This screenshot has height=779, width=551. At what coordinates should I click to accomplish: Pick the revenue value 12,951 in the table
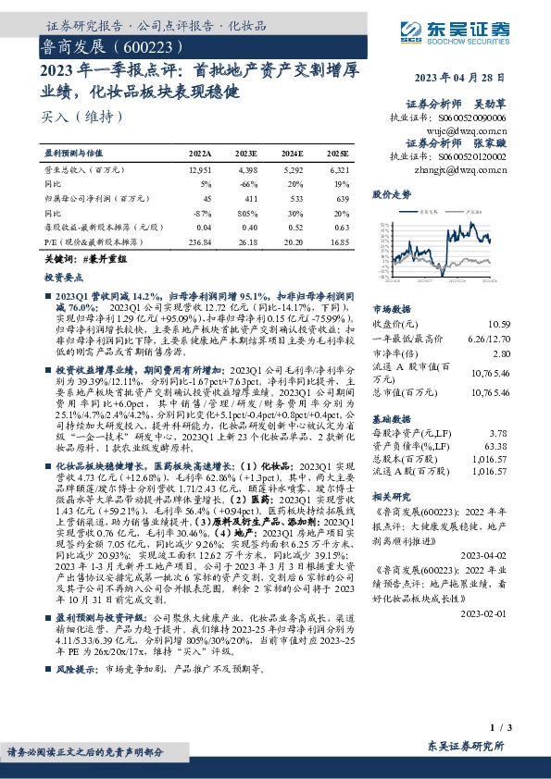(199, 170)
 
